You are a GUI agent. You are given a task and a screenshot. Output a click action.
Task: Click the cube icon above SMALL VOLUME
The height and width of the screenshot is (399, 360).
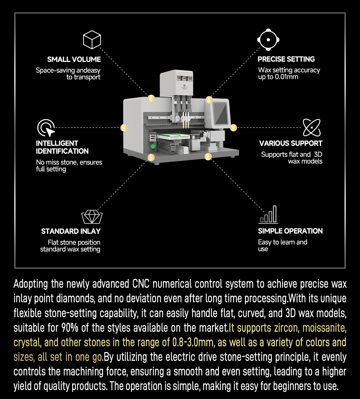tap(92, 40)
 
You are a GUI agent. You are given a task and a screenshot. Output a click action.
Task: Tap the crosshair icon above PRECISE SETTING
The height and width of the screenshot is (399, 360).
tap(268, 40)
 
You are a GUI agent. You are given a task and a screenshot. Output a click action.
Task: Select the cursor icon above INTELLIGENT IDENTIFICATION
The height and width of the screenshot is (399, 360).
tap(46, 128)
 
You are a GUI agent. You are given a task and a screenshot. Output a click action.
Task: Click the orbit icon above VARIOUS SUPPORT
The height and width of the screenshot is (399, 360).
tap(312, 128)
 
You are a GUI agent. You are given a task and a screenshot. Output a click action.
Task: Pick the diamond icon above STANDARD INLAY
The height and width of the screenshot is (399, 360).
tap(92, 216)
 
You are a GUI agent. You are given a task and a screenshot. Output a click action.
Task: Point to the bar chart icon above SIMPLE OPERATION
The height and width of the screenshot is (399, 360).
tap(268, 214)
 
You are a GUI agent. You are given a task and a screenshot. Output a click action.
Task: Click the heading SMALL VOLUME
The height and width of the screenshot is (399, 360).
tap(74, 59)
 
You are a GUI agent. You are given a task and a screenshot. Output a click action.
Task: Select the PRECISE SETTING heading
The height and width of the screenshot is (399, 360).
tap(286, 59)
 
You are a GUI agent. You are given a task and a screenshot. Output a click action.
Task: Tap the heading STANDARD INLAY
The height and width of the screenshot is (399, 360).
tap(71, 231)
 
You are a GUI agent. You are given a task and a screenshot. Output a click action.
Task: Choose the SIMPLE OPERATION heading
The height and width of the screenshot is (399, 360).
tap(290, 231)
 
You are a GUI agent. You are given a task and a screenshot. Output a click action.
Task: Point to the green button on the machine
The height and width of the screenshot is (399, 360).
tap(153, 146)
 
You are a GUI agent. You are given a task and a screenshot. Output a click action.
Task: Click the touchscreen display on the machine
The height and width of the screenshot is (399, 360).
tap(220, 113)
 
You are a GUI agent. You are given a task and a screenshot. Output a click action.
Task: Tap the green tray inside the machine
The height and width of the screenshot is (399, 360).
tap(174, 136)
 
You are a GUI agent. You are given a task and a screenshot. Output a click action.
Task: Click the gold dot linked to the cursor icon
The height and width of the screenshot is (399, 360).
tap(124, 128)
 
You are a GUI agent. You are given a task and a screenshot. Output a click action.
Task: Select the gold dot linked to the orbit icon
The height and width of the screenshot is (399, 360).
tap(233, 128)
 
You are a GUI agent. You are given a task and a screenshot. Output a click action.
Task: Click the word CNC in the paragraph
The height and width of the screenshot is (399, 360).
tap(141, 284)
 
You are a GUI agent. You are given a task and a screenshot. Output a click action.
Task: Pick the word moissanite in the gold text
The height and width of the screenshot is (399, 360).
tap(324, 328)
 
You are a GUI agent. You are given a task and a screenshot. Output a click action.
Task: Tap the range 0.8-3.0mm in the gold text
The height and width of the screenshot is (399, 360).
tap(194, 343)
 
